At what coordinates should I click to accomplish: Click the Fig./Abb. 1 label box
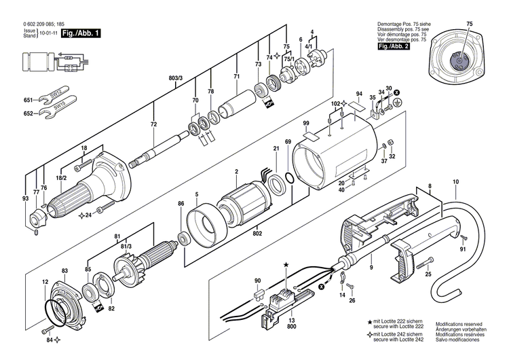click(x=81, y=33)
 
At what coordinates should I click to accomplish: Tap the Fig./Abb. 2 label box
click(x=393, y=46)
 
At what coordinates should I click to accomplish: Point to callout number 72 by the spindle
click(x=153, y=125)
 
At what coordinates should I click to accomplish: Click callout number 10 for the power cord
click(x=455, y=181)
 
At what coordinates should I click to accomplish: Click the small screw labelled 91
click(x=464, y=238)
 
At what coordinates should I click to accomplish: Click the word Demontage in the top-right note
click(x=390, y=24)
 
